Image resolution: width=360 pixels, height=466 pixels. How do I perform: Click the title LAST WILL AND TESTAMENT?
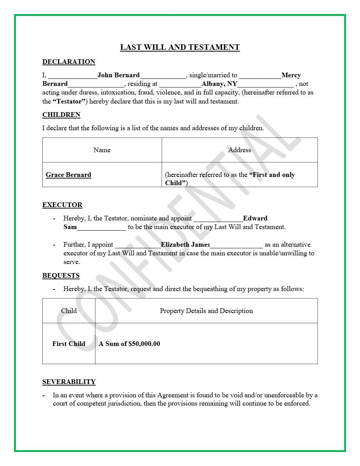click(180, 47)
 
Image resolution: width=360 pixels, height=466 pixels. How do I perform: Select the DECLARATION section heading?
click(69, 62)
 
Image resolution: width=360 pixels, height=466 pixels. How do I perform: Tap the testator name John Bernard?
click(118, 75)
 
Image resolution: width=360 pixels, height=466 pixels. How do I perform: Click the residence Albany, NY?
click(219, 84)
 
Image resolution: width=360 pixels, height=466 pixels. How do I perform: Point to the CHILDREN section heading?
click(61, 115)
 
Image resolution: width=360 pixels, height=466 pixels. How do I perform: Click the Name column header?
click(102, 150)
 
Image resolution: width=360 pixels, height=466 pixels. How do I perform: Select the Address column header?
click(239, 150)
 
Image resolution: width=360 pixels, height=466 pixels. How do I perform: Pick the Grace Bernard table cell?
click(68, 175)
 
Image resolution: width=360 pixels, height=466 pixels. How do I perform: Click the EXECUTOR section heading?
click(62, 205)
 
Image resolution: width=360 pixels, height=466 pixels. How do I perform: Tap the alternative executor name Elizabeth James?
click(185, 245)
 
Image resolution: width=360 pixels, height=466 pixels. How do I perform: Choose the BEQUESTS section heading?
click(61, 276)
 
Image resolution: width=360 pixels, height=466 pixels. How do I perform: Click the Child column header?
click(69, 311)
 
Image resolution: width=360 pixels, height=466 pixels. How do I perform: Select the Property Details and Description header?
click(206, 311)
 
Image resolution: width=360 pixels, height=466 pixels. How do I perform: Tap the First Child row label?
click(69, 344)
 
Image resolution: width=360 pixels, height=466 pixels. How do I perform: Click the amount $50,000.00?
click(144, 344)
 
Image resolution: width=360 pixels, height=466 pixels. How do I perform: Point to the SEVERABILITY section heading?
click(69, 382)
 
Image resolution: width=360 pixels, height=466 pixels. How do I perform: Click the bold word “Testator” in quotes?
click(69, 102)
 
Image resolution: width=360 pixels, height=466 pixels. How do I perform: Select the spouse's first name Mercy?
click(291, 75)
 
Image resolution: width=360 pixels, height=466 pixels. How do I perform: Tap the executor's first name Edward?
click(255, 218)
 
